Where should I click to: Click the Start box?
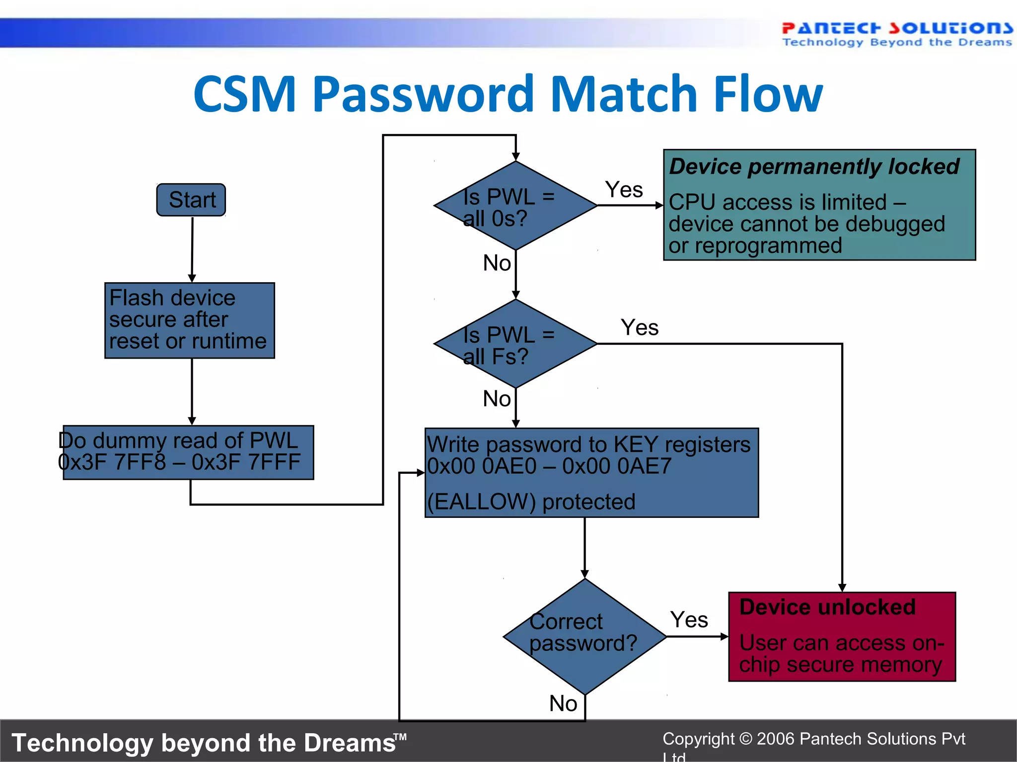[191, 200]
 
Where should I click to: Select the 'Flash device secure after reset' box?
[189, 320]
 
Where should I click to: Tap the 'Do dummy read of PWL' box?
[188, 452]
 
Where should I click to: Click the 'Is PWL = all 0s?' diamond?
[515, 205]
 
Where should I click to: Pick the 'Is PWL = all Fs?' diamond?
[515, 343]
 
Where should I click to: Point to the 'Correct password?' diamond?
[584, 636]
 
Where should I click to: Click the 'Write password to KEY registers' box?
[591, 472]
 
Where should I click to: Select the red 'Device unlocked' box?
[842, 636]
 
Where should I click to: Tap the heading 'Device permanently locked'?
[814, 167]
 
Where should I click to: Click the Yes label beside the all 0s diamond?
[624, 190]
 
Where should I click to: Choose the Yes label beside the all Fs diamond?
[640, 327]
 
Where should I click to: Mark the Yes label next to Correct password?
[689, 620]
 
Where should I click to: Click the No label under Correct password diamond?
[563, 703]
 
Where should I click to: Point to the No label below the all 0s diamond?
[497, 263]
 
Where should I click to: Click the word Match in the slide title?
[625, 94]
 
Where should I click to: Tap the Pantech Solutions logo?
[897, 34]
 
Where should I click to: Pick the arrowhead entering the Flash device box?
[192, 278]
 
